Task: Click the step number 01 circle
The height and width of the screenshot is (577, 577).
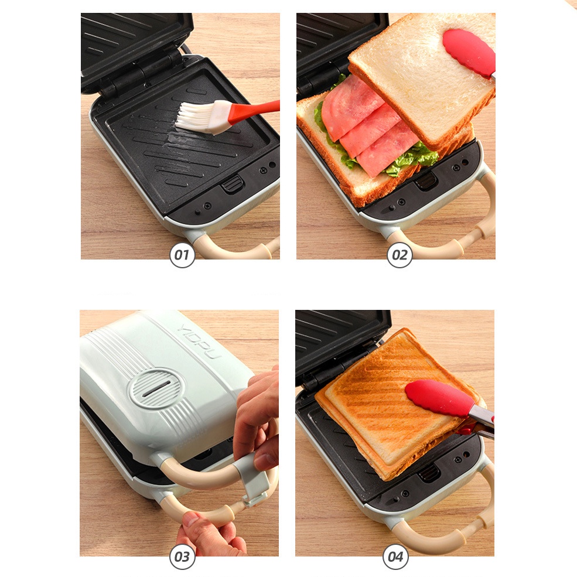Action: (182, 255)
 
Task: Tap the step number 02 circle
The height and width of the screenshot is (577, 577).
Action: (400, 255)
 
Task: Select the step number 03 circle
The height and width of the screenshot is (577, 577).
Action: (182, 556)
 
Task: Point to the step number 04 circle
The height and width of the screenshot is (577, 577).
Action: (396, 556)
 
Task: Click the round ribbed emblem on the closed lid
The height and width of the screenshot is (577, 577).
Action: (156, 388)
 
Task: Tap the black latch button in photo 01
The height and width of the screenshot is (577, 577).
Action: (233, 184)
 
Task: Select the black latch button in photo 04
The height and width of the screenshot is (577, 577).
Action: (429, 473)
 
